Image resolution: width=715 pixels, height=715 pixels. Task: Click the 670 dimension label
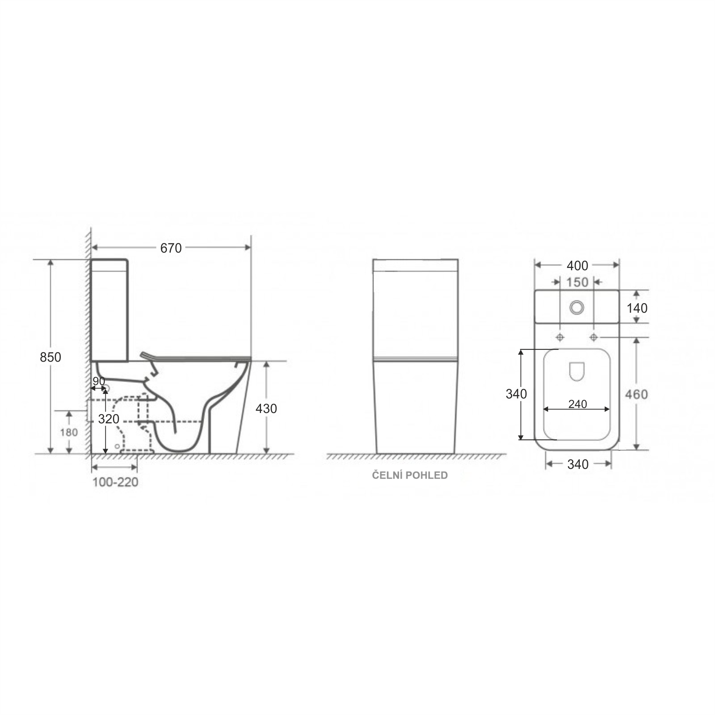coord(171,248)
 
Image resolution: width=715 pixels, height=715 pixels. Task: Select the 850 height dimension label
coord(51,357)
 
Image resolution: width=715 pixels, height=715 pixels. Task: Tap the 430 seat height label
coord(266,409)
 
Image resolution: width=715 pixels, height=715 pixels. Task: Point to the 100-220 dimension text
coord(115,482)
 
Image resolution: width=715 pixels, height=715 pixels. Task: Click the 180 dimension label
coord(69,432)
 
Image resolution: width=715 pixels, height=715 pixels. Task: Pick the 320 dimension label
coord(109,419)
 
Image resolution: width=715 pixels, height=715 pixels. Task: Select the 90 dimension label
coord(99,381)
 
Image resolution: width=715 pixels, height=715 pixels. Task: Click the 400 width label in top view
coord(577,265)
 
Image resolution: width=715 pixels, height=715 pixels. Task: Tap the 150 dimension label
coord(577,282)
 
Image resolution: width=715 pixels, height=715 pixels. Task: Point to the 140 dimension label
coord(637,308)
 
